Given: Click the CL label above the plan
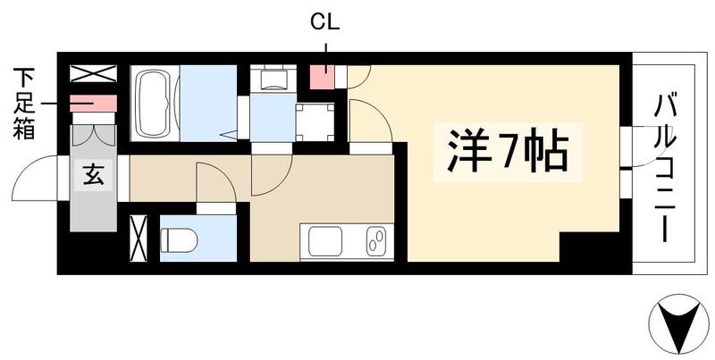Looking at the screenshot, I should (x=324, y=19).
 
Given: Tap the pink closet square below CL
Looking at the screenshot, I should (x=322, y=77).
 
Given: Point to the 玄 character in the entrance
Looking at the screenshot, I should (x=94, y=175).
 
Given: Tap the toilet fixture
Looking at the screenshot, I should (x=179, y=240).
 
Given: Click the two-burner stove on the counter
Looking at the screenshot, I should (x=376, y=242).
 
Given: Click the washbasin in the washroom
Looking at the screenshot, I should (x=271, y=80).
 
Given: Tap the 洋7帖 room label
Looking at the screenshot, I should (x=501, y=151).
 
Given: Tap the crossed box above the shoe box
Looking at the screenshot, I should (x=94, y=74).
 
